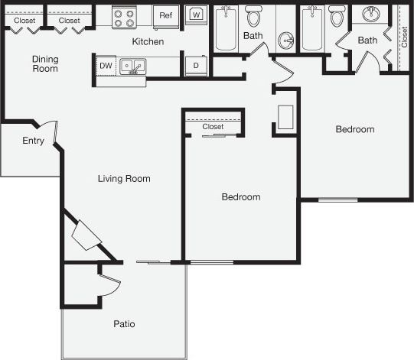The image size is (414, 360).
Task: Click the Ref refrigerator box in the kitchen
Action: (165, 16)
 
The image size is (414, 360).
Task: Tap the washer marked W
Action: (197, 15)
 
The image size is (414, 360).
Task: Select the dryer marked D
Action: (196, 66)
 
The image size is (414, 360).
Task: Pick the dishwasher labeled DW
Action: (106, 66)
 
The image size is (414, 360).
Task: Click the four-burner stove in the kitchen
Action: (123, 18)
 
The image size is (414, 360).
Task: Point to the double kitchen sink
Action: (135, 67)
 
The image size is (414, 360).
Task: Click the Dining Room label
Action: (45, 63)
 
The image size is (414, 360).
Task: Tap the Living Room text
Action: (124, 179)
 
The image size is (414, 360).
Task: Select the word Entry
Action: (33, 141)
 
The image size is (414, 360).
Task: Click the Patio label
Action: (125, 324)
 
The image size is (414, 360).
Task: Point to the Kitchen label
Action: (148, 41)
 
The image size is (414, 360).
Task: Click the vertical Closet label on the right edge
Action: (404, 37)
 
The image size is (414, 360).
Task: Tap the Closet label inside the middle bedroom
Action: (214, 127)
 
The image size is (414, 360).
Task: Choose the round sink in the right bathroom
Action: (372, 15)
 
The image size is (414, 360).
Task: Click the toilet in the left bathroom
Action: (253, 15)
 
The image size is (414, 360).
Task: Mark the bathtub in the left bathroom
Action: (226, 29)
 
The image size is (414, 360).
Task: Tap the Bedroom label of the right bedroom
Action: (355, 129)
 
